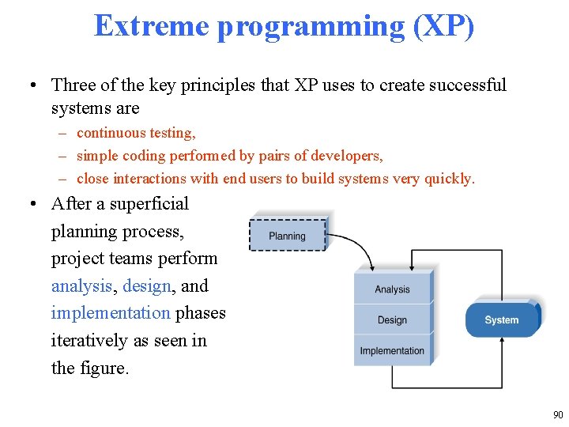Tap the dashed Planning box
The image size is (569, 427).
tap(287, 236)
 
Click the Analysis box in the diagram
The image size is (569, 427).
tap(392, 289)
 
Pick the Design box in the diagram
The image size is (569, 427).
tap(392, 320)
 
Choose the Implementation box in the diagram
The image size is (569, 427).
tap(392, 350)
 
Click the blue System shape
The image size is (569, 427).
tap(501, 319)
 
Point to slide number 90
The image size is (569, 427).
tap(558, 415)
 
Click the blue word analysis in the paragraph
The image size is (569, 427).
tap(81, 285)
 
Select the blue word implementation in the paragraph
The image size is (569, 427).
tap(111, 313)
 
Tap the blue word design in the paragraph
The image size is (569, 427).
tap(146, 285)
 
